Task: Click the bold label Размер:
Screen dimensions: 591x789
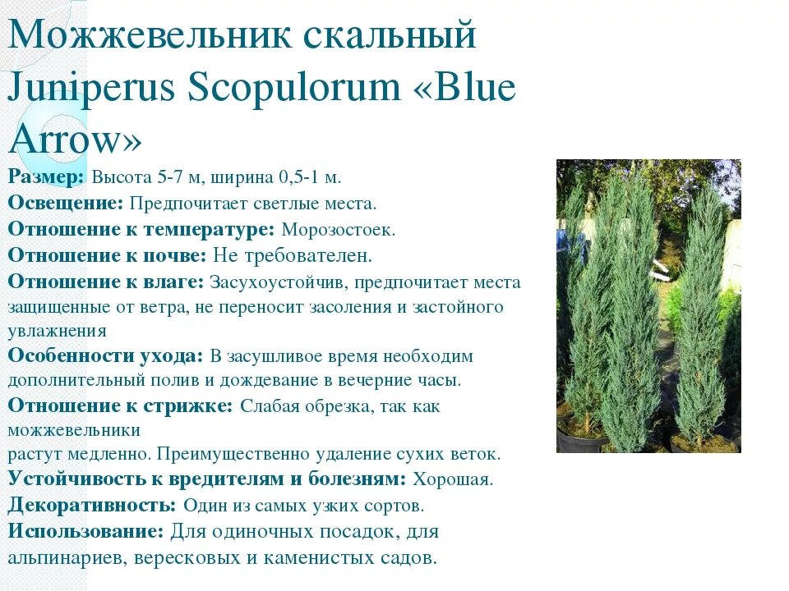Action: click(x=46, y=177)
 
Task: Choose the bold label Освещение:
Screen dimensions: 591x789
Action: click(x=66, y=203)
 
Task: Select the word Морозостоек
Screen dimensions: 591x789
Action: click(x=338, y=229)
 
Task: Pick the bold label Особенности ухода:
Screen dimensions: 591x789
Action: click(x=105, y=355)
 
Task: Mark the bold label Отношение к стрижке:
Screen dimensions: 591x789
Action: click(x=121, y=405)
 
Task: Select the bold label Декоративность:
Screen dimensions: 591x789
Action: click(x=92, y=504)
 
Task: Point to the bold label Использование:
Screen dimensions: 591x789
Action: click(x=86, y=531)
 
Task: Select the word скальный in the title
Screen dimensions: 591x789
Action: click(x=390, y=37)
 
